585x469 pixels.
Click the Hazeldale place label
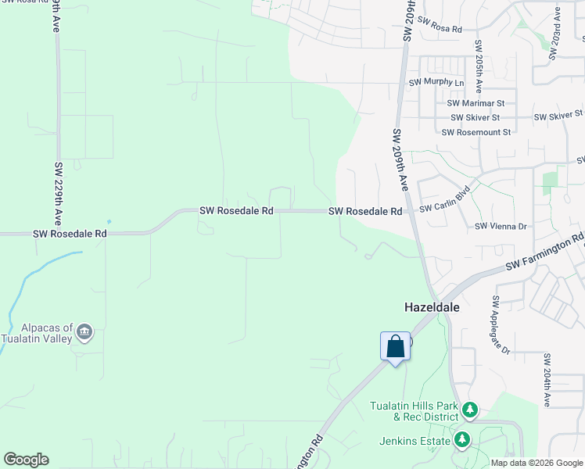coord(432,308)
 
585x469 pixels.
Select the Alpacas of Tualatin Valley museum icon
coord(85,334)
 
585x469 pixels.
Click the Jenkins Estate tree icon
coord(463,441)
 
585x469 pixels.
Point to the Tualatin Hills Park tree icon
coord(470,410)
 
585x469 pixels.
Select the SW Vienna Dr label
coord(501,226)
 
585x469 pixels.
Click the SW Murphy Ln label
coord(436,82)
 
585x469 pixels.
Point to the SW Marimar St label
coord(476,103)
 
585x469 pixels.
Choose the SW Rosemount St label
coord(476,132)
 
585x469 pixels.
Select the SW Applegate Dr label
coord(501,324)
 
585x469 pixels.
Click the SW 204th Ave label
coord(547,379)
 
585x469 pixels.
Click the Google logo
coord(26,460)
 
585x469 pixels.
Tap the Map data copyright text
coord(537,463)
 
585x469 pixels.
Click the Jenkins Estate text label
coord(415,442)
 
